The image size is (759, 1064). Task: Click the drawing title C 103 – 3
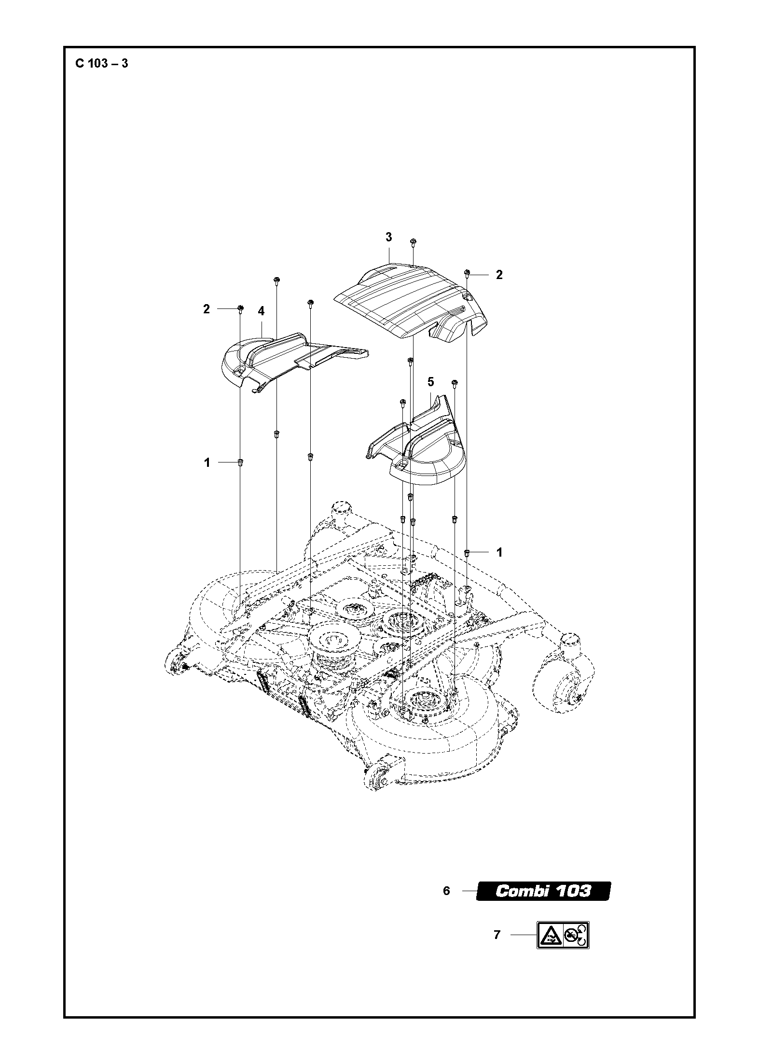coord(102,63)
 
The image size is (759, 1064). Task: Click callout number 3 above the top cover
coord(388,237)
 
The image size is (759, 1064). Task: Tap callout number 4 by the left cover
coord(261,311)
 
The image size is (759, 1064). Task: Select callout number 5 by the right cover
coord(430,382)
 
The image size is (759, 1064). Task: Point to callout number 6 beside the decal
coord(446,891)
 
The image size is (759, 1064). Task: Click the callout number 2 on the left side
coord(207,309)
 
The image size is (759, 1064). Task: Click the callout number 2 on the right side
coord(499,275)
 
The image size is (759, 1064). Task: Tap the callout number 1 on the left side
coord(207,462)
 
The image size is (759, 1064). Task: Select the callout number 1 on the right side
coord(499,552)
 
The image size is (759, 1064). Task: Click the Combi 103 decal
coord(543,891)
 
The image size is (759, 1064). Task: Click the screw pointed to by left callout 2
coord(240,308)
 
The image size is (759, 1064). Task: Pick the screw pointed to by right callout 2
coord(467,273)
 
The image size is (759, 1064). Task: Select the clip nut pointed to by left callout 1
coord(240,463)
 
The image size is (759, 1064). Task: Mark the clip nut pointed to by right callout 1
coord(467,552)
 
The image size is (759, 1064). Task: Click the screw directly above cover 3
coord(413,242)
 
